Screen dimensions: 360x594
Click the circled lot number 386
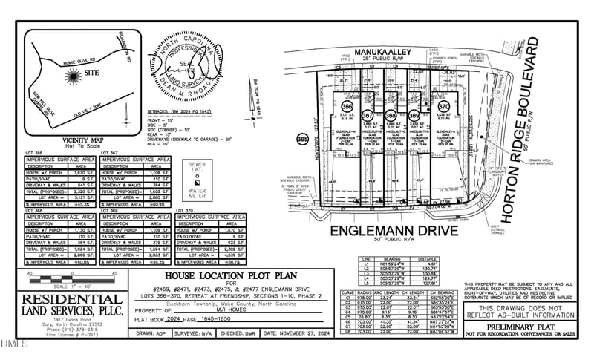(347, 108)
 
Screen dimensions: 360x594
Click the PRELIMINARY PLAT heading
(525, 327)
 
